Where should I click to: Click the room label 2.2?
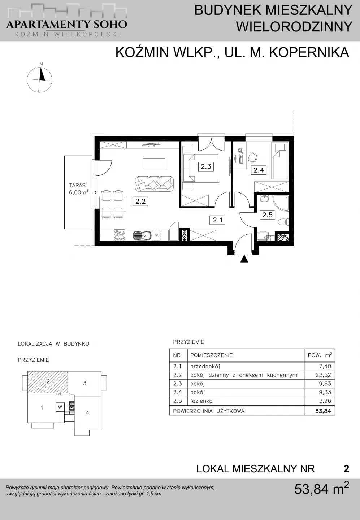140,201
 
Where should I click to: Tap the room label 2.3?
206,166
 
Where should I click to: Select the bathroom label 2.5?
268,215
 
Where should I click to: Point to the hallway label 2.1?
217,220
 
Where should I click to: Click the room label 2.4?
259,170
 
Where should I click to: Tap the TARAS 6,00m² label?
78,189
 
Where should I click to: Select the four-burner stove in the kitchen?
119,235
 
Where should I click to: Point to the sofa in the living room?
154,183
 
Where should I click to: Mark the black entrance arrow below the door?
244,259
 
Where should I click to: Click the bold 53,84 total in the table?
323,411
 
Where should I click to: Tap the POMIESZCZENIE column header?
211,355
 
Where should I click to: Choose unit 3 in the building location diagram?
85,383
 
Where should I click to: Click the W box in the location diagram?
60,407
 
